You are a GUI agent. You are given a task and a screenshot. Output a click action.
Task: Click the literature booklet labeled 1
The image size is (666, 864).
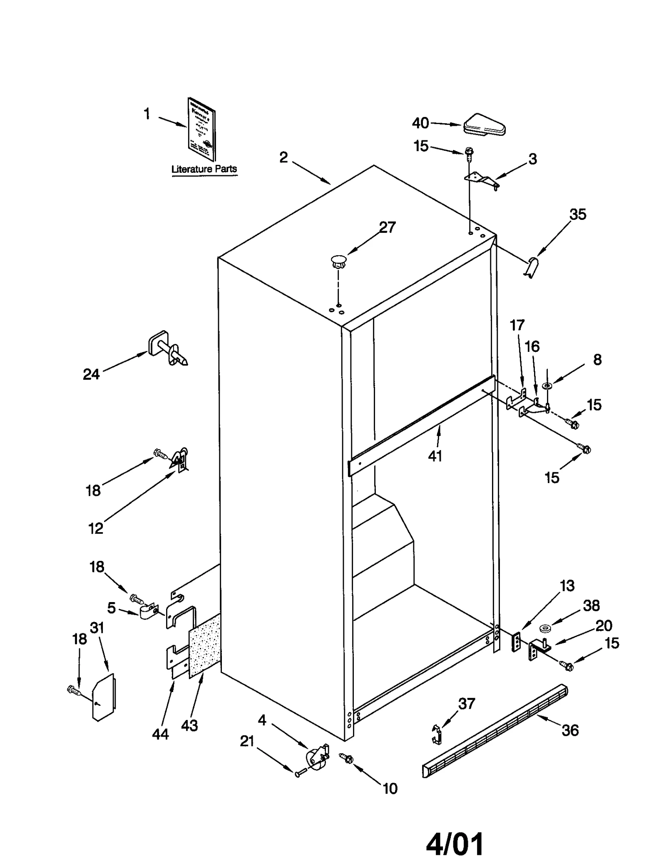point(201,129)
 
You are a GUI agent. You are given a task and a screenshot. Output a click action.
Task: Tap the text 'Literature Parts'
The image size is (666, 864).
point(204,169)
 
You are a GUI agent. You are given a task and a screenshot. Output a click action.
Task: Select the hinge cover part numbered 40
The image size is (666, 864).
point(484,124)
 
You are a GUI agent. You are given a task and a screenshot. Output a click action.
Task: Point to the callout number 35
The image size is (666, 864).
point(577,215)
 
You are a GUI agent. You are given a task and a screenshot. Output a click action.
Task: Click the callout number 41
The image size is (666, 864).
point(435,456)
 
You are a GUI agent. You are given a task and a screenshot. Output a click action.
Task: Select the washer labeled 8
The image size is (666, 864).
point(547,386)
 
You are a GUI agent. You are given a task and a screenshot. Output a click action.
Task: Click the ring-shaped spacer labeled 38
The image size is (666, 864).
point(544,628)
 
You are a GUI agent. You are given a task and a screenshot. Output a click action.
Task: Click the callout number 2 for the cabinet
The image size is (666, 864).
point(283,158)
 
